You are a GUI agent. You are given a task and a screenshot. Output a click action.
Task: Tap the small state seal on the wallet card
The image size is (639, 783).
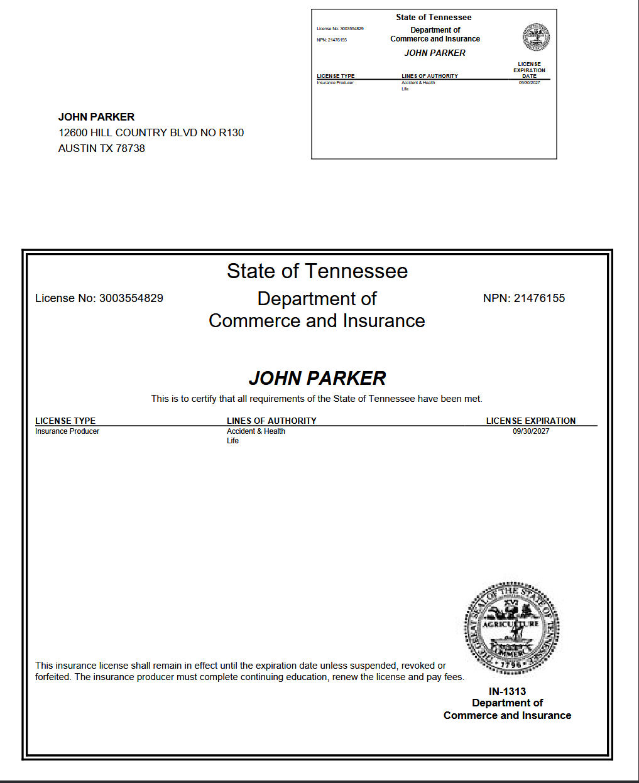pyautogui.click(x=536, y=37)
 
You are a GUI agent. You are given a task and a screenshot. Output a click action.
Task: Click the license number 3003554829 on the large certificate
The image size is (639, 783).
pyautogui.click(x=131, y=298)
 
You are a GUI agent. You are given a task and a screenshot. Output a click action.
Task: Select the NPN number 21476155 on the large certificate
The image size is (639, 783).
pyautogui.click(x=539, y=298)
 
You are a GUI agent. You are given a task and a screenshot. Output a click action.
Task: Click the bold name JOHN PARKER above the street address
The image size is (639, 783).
pyautogui.click(x=96, y=117)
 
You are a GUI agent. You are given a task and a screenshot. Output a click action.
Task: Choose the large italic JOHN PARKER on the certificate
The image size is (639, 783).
pyautogui.click(x=317, y=378)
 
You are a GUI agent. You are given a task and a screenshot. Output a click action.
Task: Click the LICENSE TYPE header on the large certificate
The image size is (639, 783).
pyautogui.click(x=65, y=421)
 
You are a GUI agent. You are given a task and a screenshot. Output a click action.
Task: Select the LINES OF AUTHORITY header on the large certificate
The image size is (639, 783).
pyautogui.click(x=271, y=421)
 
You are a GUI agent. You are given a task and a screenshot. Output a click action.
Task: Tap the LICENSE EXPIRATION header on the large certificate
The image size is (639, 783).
pyautogui.click(x=531, y=421)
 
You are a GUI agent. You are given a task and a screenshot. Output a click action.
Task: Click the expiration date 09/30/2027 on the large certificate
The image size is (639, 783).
pyautogui.click(x=531, y=431)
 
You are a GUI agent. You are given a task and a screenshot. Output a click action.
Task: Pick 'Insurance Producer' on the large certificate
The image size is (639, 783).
pyautogui.click(x=67, y=431)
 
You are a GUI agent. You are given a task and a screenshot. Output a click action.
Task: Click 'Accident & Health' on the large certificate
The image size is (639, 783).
pyautogui.click(x=256, y=431)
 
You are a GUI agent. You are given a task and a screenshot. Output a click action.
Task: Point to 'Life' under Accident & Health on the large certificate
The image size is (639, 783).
pyautogui.click(x=232, y=441)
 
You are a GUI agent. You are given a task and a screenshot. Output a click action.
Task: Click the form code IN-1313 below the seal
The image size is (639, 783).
pyautogui.click(x=507, y=691)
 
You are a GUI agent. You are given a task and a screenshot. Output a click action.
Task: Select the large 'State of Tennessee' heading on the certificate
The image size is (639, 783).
pyautogui.click(x=317, y=271)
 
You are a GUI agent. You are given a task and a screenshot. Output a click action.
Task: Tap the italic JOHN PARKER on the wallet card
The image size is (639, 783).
pyautogui.click(x=435, y=53)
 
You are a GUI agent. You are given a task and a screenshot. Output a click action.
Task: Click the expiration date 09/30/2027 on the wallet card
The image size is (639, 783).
pyautogui.click(x=529, y=83)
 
